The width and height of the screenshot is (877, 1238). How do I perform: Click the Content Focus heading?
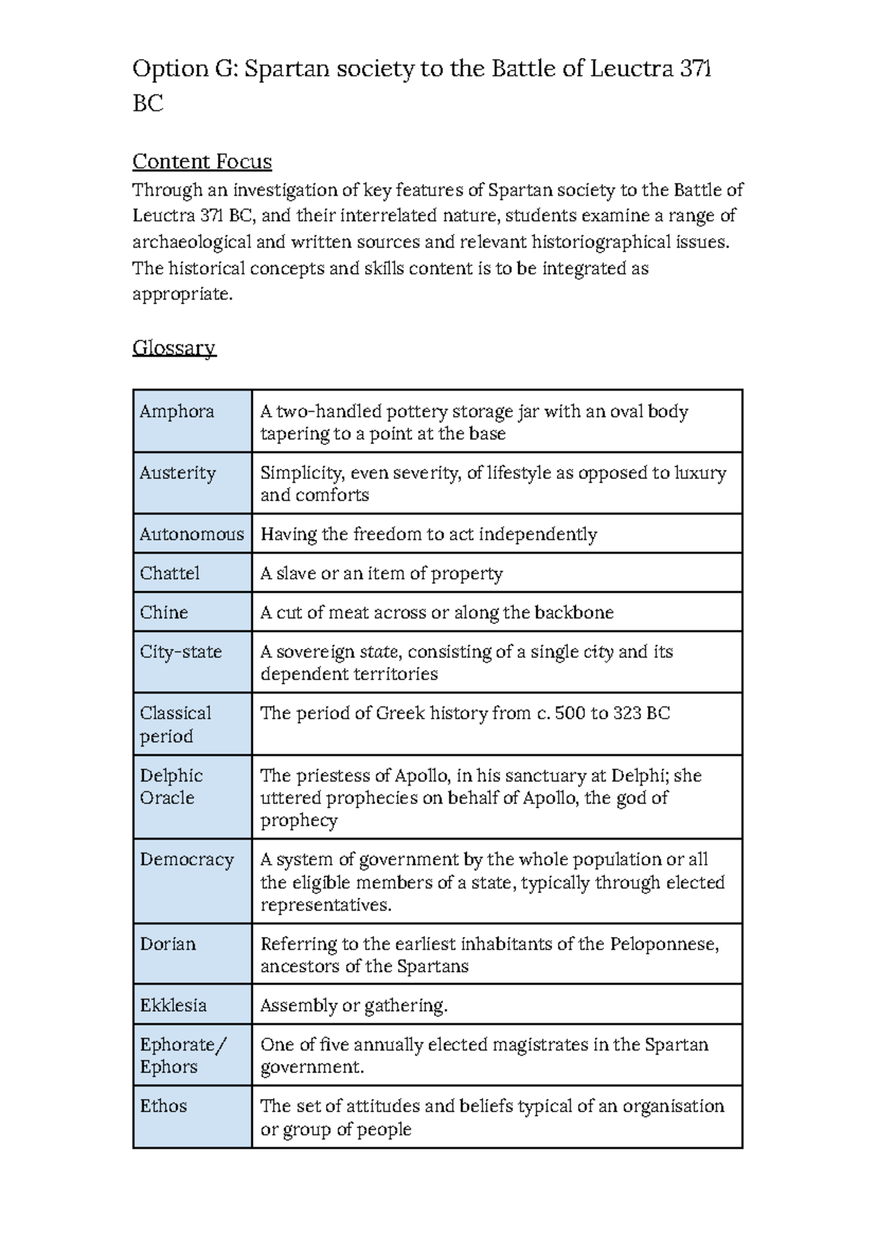pos(202,162)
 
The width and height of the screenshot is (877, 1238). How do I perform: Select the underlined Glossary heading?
pos(174,347)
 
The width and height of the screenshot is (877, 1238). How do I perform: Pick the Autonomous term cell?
pos(191,534)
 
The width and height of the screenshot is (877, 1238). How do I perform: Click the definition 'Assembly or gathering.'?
pos(354,1006)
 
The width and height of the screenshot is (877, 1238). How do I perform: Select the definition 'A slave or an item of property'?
pos(381,573)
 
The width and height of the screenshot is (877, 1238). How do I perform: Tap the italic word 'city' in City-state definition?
pos(598,652)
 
